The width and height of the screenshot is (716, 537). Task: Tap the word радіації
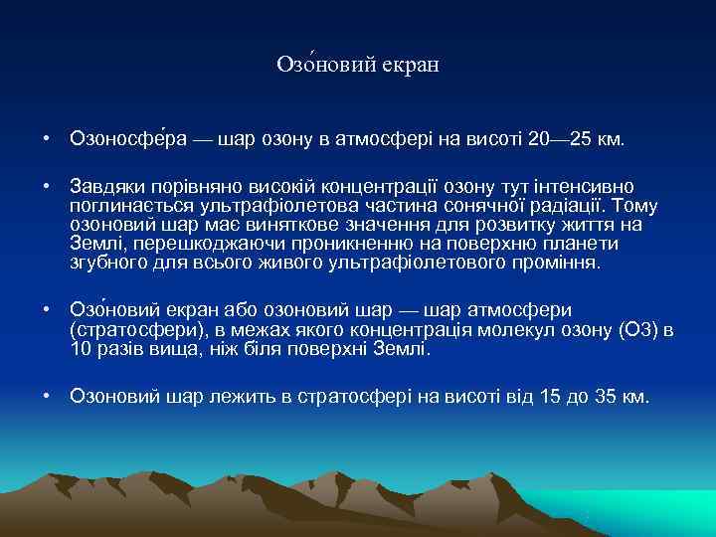(x=573, y=206)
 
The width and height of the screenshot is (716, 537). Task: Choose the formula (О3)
(x=636, y=330)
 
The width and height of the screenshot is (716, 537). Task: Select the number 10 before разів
(x=80, y=349)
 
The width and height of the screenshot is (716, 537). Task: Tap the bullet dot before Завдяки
(x=47, y=188)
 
